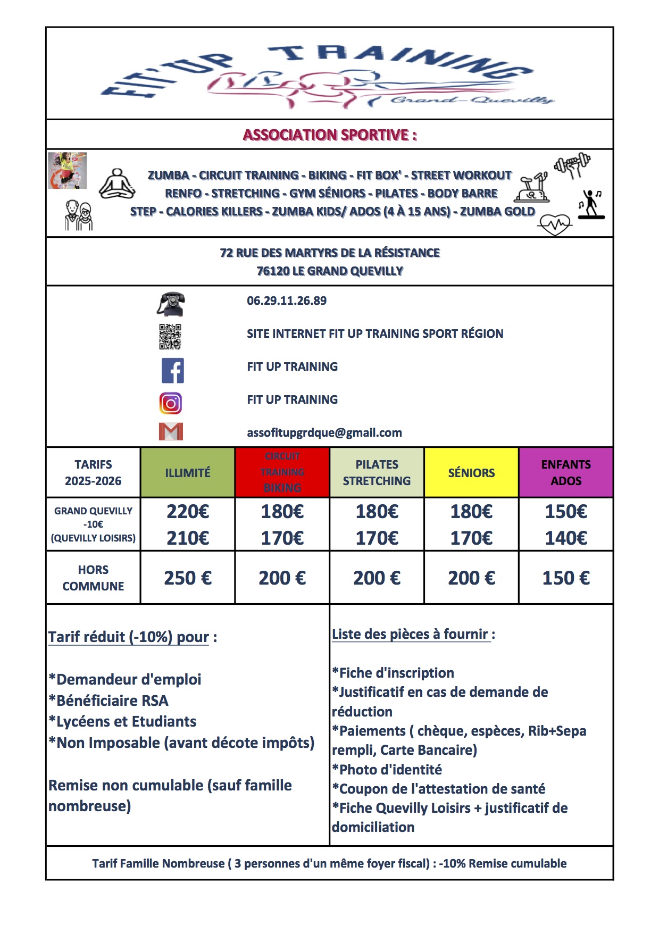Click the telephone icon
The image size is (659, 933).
click(x=171, y=304)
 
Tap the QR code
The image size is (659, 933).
click(x=170, y=337)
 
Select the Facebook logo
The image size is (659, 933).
click(x=172, y=370)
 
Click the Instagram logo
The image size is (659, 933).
click(x=171, y=403)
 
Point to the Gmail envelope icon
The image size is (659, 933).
click(x=171, y=431)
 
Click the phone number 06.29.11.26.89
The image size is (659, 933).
click(x=287, y=301)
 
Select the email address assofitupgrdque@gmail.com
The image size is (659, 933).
click(x=324, y=433)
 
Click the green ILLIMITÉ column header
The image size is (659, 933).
click(x=188, y=473)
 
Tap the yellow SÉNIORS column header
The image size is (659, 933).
click(x=471, y=473)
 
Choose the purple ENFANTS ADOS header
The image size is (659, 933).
click(x=566, y=472)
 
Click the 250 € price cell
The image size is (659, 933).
click(x=188, y=578)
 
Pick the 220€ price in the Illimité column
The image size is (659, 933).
click(x=188, y=512)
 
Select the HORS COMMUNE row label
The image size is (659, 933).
click(x=93, y=578)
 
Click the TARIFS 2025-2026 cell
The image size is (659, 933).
click(x=93, y=472)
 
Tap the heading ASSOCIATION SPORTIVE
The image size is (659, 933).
click(x=330, y=135)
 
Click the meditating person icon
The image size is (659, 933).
click(x=117, y=185)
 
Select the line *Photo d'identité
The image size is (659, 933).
click(x=387, y=770)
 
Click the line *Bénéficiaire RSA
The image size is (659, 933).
click(x=109, y=701)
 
